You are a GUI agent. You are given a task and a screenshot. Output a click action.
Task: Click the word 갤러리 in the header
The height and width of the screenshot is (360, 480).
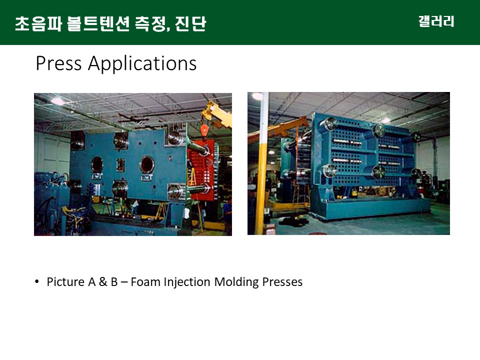(436, 21)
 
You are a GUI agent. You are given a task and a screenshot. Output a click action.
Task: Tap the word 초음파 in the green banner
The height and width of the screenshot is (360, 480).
(38, 24)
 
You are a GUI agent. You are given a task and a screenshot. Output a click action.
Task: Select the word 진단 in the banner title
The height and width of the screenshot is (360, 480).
(190, 24)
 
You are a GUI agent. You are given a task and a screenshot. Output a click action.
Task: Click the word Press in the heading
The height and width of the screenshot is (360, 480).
(59, 63)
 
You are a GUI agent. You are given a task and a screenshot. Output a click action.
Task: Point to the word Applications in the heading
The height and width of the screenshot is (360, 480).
(142, 64)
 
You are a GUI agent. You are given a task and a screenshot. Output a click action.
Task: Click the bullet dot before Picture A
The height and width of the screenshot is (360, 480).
(37, 281)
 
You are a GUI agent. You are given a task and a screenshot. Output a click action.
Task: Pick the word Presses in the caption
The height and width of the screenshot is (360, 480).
(282, 282)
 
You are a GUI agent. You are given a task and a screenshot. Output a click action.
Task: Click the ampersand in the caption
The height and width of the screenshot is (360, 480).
(103, 282)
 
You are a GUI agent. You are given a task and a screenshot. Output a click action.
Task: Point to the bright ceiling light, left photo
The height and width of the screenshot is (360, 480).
(58, 101)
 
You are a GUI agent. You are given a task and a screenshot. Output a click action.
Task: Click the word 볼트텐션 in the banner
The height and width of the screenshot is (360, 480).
(98, 24)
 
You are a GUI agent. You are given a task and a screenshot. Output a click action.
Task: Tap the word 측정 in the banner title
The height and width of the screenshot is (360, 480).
(150, 24)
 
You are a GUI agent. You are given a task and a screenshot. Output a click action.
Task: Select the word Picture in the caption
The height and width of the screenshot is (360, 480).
(65, 282)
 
